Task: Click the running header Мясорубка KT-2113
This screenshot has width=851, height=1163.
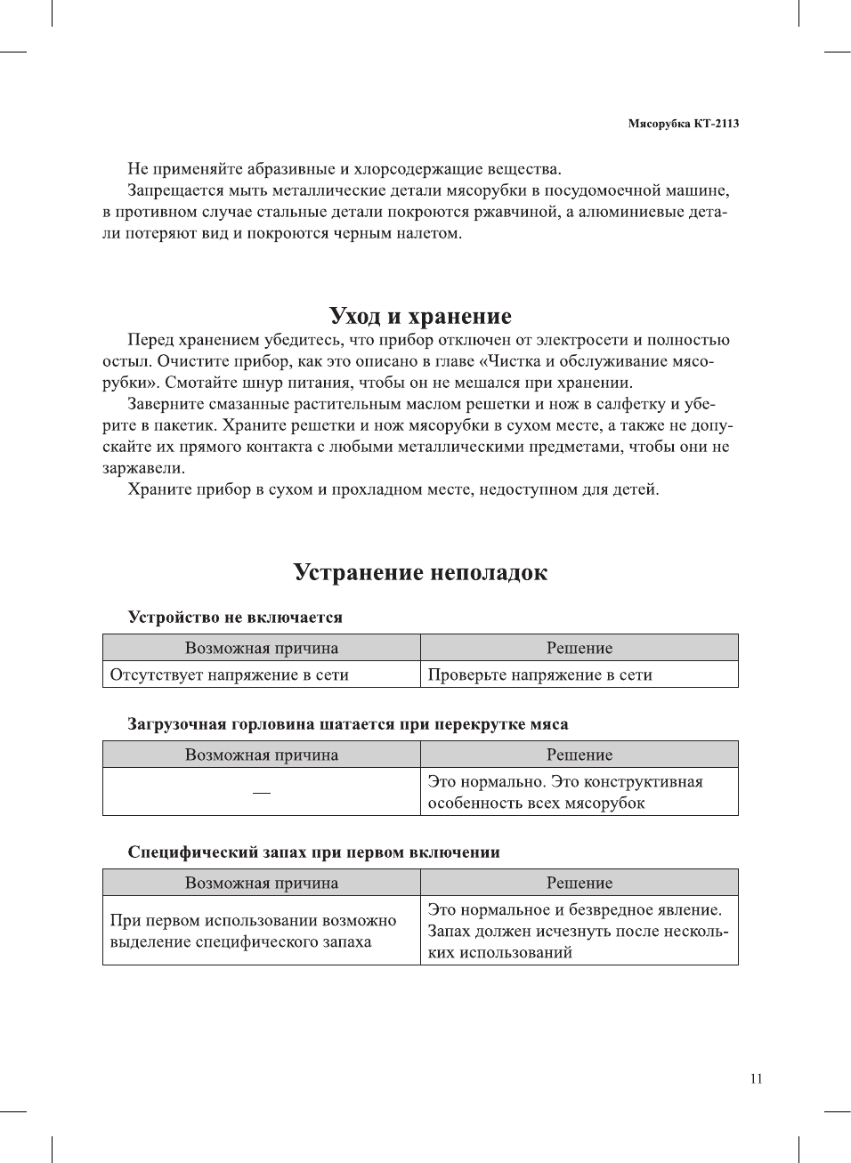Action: click(683, 124)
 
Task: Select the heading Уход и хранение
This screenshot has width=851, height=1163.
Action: click(420, 316)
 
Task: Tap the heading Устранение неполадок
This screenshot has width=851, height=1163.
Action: click(420, 572)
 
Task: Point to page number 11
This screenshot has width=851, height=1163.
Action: click(756, 1078)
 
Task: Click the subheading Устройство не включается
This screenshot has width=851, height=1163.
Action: click(235, 617)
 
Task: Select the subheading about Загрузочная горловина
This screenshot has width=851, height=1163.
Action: click(347, 723)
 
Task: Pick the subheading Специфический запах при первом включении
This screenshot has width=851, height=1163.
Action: click(313, 852)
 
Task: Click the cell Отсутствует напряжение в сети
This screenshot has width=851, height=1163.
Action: click(229, 674)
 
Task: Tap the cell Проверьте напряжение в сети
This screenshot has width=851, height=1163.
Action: click(539, 674)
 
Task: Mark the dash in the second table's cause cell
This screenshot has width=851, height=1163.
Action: click(261, 792)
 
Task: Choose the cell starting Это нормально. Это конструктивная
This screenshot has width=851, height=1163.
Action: click(564, 792)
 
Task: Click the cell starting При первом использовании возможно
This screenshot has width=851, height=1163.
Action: click(253, 931)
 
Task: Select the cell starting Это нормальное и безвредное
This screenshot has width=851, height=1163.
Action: click(577, 931)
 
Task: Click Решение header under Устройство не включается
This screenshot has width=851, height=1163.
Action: click(579, 648)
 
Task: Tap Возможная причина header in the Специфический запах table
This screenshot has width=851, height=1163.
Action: click(261, 883)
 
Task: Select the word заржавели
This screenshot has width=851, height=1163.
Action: click(142, 468)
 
